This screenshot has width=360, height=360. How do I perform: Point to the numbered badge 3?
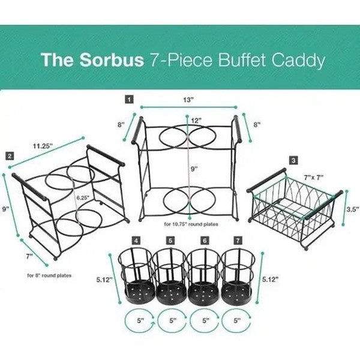click(293, 160)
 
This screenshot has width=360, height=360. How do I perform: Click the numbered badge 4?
click(137, 240)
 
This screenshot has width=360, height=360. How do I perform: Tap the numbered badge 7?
click(239, 240)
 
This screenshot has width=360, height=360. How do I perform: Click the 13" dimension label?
click(189, 100)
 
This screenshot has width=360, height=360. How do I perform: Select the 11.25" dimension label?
click(43, 145)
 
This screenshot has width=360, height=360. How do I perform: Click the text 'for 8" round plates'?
click(49, 276)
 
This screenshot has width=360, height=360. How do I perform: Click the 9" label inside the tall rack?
click(194, 170)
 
